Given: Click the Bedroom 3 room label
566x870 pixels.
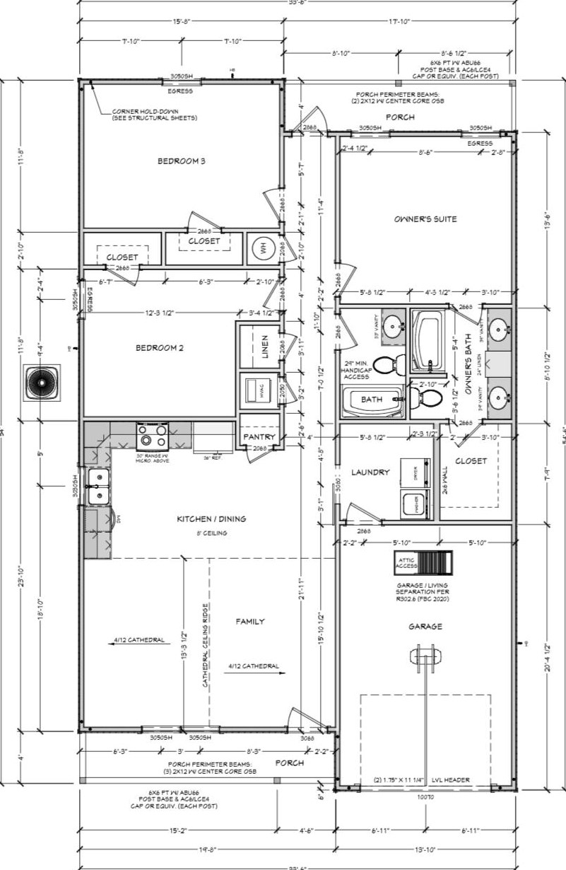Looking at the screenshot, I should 181,161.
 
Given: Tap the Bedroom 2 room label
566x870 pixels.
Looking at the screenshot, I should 160,347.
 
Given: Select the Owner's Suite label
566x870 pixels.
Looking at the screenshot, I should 425,219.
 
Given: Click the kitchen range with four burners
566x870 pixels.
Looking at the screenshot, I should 153,432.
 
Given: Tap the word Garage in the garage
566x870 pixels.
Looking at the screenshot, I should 425,627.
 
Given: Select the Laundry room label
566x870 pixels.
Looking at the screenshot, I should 370,472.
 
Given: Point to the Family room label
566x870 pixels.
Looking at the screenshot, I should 249,621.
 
